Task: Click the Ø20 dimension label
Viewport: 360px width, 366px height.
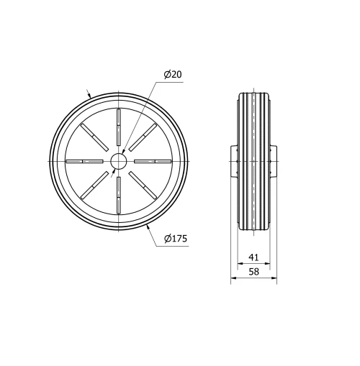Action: tap(172, 74)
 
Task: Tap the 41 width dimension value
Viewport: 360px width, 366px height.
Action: tap(253, 257)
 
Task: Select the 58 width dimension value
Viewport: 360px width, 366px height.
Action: tap(253, 272)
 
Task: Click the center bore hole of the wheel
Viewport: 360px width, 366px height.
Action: tap(118, 161)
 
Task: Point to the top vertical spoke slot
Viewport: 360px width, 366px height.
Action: tap(118, 127)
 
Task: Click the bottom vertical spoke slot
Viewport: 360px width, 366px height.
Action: tap(118, 195)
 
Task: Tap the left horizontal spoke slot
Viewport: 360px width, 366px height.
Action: tap(84, 161)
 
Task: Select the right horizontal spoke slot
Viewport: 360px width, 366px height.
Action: tap(153, 161)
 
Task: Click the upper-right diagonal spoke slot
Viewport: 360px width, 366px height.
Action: tap(143, 137)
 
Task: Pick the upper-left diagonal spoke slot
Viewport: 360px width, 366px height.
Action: tap(94, 137)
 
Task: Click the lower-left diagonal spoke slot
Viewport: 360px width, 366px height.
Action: tap(94, 186)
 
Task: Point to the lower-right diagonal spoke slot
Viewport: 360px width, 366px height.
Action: tap(143, 186)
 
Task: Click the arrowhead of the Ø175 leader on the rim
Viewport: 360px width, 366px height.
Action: tap(148, 226)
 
